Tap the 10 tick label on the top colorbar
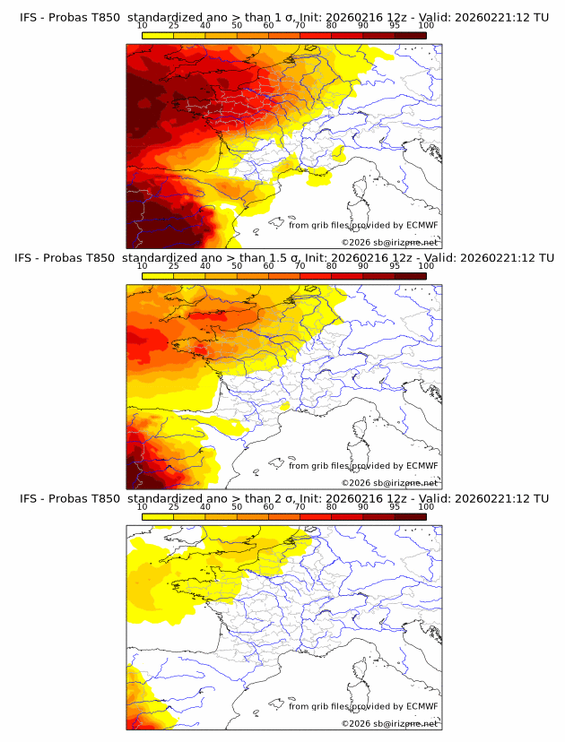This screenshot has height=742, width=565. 142,25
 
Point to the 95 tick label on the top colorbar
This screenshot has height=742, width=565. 395,25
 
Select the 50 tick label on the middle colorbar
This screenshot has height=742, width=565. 237,266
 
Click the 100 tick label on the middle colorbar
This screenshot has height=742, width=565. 426,266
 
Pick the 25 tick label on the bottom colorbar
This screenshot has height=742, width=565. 173,506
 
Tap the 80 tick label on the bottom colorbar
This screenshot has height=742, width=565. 332,506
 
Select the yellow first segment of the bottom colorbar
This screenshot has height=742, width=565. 157,516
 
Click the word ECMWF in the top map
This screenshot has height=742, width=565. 422,226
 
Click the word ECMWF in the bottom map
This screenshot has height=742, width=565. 422,706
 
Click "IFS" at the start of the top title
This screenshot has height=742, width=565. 29,17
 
